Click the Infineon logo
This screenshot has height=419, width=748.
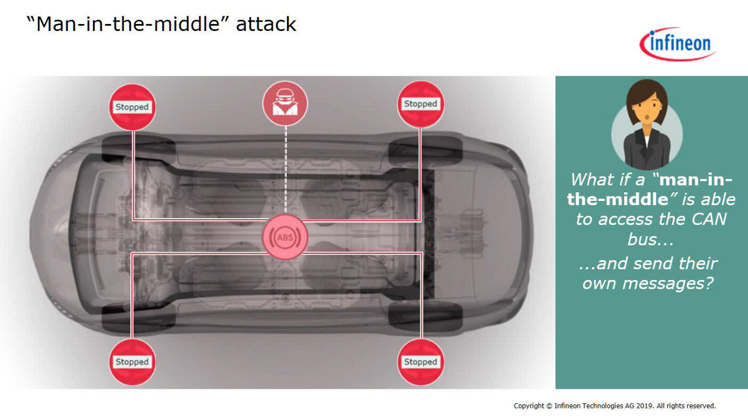(x=677, y=44)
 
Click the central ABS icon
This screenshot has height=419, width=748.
(x=285, y=237)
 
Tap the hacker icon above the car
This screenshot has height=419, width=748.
(x=285, y=103)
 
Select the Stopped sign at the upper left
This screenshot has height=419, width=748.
(x=132, y=107)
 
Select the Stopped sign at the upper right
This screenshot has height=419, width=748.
(x=420, y=104)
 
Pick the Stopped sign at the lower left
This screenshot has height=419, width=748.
(x=132, y=362)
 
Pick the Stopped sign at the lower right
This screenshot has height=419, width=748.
(x=420, y=362)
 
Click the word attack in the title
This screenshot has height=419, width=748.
(x=266, y=25)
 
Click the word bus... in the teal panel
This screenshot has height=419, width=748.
(x=650, y=240)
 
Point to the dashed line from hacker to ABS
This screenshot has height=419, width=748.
(x=286, y=170)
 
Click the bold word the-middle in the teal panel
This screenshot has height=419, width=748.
(x=618, y=199)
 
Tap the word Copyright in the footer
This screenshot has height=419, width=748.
(x=529, y=406)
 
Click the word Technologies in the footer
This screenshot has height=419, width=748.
(x=601, y=406)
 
